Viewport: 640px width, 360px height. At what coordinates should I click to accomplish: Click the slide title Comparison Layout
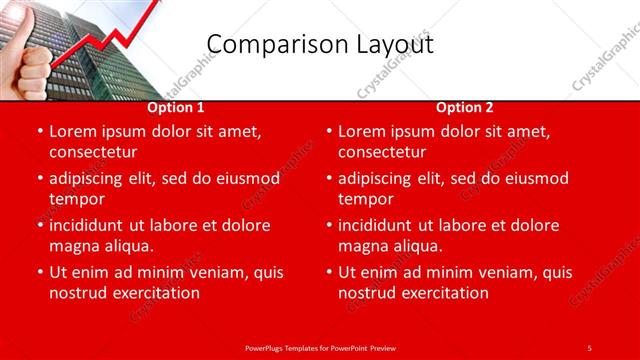tap(319, 44)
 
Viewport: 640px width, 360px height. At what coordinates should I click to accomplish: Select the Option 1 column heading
tap(176, 107)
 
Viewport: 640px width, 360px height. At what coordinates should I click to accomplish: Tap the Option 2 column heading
tap(464, 107)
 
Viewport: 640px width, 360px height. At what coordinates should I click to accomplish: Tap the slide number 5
tap(589, 347)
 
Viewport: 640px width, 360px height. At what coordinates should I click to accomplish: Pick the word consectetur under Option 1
tap(93, 152)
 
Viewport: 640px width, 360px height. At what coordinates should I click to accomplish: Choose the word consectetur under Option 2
tap(382, 152)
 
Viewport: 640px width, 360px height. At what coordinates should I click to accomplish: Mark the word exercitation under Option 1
tap(156, 293)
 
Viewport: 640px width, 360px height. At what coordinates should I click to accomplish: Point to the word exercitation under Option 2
tap(445, 293)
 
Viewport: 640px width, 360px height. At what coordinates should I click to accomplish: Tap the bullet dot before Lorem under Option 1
tap(39, 131)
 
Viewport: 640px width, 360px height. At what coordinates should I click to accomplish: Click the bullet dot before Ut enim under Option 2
tap(328, 272)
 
